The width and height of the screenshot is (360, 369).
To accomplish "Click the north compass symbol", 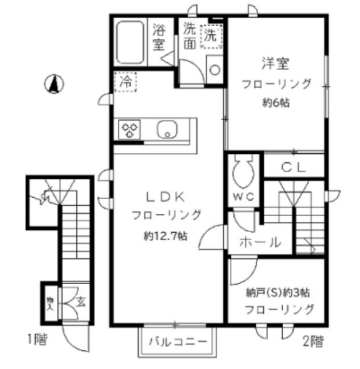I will (x=52, y=86).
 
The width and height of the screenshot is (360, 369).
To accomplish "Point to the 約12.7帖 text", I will (x=165, y=236).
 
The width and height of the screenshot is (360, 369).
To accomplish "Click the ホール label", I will (x=261, y=242).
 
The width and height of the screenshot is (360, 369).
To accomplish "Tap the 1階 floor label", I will (x=13, y=339).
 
